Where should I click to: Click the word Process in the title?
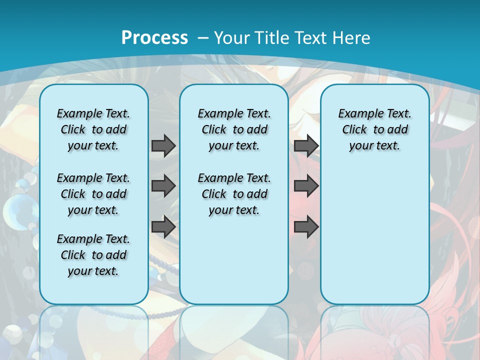(x=154, y=38)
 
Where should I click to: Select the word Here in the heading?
(x=351, y=38)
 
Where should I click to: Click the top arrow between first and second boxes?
(x=163, y=146)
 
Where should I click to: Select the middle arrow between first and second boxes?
(x=163, y=186)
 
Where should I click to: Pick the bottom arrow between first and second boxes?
(x=163, y=226)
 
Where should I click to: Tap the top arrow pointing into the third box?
(x=306, y=146)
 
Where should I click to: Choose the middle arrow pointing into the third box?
(x=306, y=186)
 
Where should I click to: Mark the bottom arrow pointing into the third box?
(x=306, y=226)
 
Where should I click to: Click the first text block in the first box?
(x=93, y=129)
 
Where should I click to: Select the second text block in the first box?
(x=93, y=194)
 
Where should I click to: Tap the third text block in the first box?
(x=93, y=255)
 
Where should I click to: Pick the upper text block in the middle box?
(x=234, y=129)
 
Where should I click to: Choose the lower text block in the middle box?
(x=234, y=194)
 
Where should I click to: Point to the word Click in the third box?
(x=354, y=130)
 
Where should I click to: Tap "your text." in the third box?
(x=374, y=146)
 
